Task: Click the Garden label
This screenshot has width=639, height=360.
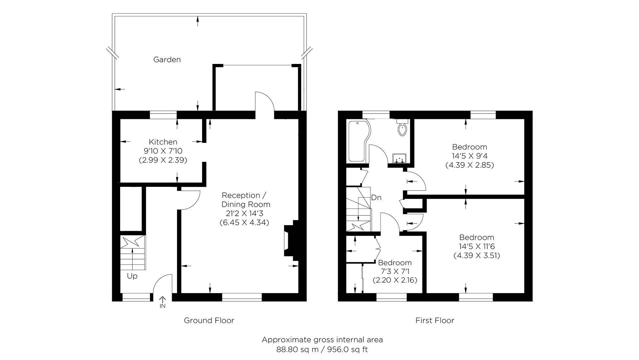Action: pyautogui.click(x=167, y=60)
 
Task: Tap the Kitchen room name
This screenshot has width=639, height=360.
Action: pyautogui.click(x=163, y=142)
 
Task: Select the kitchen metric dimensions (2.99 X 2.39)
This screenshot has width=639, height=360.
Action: pyautogui.click(x=163, y=160)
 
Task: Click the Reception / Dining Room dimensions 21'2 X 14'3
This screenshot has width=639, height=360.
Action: pyautogui.click(x=244, y=213)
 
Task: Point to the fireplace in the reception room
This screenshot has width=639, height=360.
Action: pyautogui.click(x=289, y=240)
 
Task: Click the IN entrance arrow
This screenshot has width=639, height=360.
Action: pyautogui.click(x=162, y=302)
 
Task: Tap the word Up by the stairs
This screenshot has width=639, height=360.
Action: pyautogui.click(x=132, y=276)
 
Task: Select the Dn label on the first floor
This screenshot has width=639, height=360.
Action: pyautogui.click(x=376, y=197)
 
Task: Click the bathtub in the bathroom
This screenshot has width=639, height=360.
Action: pyautogui.click(x=358, y=142)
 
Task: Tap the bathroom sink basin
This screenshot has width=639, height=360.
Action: pyautogui.click(x=399, y=159)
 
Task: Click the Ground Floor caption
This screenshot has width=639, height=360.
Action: pyautogui.click(x=209, y=320)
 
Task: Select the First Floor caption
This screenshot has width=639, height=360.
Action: pyautogui.click(x=435, y=320)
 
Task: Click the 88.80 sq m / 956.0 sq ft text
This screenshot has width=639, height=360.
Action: pyautogui.click(x=322, y=350)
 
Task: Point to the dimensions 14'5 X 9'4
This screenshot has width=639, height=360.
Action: pyautogui.click(x=470, y=156)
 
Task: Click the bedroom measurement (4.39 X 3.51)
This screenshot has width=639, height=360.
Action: pyautogui.click(x=477, y=255)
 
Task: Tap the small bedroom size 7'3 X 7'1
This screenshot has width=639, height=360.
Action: pyautogui.click(x=395, y=271)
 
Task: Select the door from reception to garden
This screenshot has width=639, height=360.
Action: pyautogui.click(x=265, y=101)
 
